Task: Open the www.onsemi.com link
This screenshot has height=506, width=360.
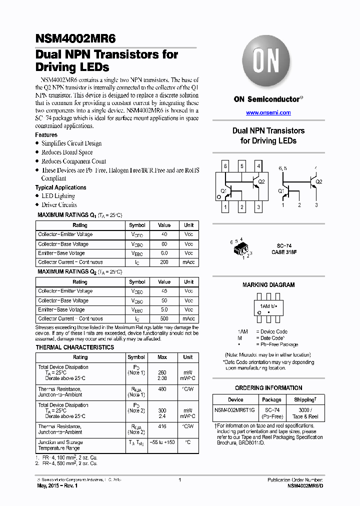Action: click(268, 113)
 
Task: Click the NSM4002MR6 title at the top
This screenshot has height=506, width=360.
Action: click(75, 38)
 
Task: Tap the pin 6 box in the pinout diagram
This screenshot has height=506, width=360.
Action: click(225, 166)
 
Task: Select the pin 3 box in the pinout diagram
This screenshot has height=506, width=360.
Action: click(258, 206)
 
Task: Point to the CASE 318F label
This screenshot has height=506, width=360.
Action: click(284, 252)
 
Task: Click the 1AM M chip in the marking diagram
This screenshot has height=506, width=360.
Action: click(268, 306)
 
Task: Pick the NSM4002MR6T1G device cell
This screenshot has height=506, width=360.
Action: click(235, 410)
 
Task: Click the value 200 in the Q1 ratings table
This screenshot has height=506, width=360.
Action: click(164, 262)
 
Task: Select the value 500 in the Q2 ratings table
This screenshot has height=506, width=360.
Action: click(164, 318)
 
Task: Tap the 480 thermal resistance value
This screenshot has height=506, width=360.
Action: click(162, 389)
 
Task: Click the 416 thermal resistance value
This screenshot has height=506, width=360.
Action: click(162, 426)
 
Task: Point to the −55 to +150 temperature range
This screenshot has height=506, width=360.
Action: click(162, 442)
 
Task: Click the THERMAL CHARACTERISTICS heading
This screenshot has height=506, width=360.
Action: click(75, 347)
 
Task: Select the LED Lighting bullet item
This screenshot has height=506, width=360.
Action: click(58, 196)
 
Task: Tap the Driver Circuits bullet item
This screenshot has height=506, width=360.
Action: click(59, 205)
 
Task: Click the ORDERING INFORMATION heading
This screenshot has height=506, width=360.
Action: click(268, 387)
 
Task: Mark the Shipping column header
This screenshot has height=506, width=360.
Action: click(305, 399)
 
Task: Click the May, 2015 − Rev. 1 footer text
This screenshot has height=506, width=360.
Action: click(58, 486)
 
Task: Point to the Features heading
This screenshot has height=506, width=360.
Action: click(46, 135)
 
